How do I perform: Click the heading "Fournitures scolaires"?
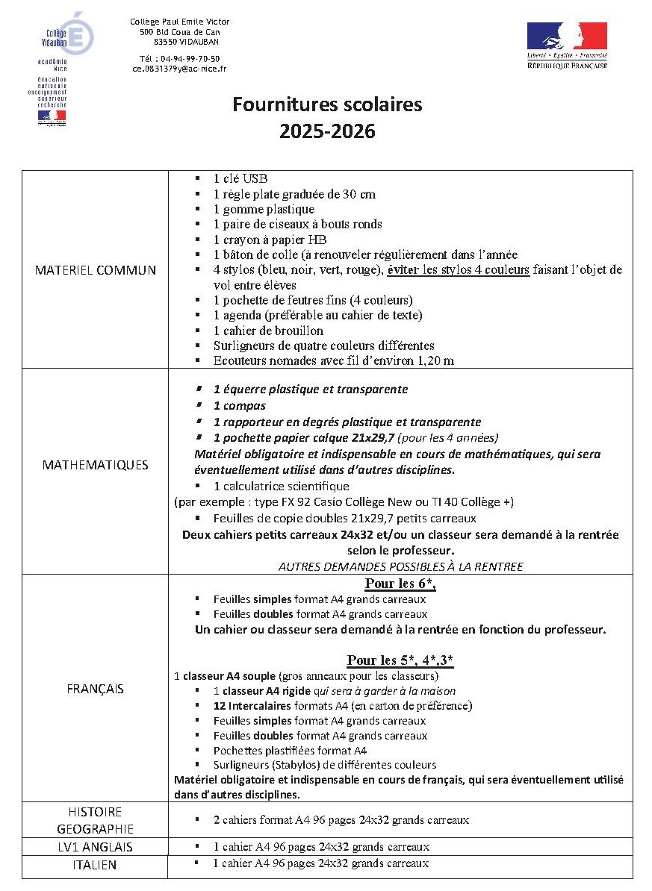click(327, 104)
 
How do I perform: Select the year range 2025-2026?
click(327, 132)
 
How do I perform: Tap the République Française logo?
click(567, 46)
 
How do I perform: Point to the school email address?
click(179, 69)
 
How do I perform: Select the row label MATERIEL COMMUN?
click(96, 270)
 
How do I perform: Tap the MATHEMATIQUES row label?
click(96, 465)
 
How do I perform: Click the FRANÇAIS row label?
click(96, 689)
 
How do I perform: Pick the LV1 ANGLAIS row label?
click(96, 847)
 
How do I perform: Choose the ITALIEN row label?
click(96, 865)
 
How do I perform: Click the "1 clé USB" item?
click(240, 179)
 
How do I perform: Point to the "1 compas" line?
click(239, 406)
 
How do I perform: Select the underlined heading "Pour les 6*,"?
click(400, 584)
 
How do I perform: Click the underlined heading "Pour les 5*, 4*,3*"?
click(400, 660)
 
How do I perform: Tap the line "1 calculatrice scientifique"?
click(281, 487)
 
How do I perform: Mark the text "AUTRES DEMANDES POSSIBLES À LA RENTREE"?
click(400, 566)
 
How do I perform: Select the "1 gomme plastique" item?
click(264, 210)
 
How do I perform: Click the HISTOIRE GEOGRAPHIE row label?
click(96, 820)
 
